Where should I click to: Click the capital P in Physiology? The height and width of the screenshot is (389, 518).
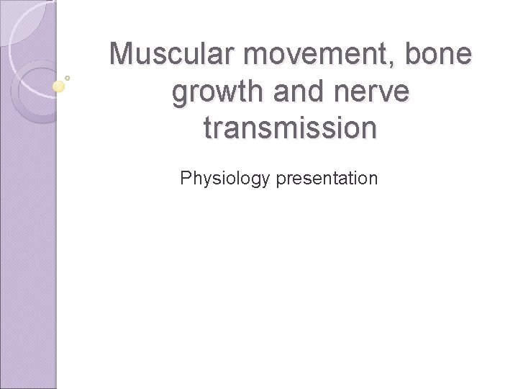pyautogui.click(x=186, y=177)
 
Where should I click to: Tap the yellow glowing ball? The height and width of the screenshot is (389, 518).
pyautogui.click(x=59, y=86)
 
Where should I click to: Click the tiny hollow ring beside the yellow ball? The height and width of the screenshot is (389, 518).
pyautogui.click(x=68, y=77)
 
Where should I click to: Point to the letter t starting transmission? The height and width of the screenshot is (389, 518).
pyautogui.click(x=209, y=128)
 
